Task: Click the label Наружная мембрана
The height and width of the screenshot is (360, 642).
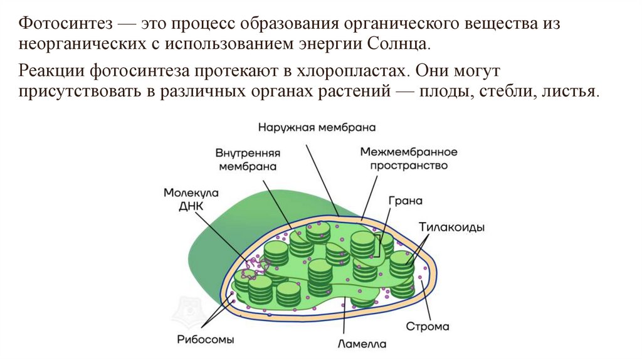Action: tap(317, 127)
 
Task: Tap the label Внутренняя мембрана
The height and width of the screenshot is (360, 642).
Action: tap(248, 160)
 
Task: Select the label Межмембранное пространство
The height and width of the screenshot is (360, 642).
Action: tap(408, 159)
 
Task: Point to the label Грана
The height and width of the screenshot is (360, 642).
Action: tap(405, 201)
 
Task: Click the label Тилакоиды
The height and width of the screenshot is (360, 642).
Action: tap(451, 228)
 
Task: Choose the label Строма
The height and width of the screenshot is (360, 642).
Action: tap(427, 327)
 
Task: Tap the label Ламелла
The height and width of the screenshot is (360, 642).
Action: tap(362, 344)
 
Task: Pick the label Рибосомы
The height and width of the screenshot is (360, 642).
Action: tap(205, 340)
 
